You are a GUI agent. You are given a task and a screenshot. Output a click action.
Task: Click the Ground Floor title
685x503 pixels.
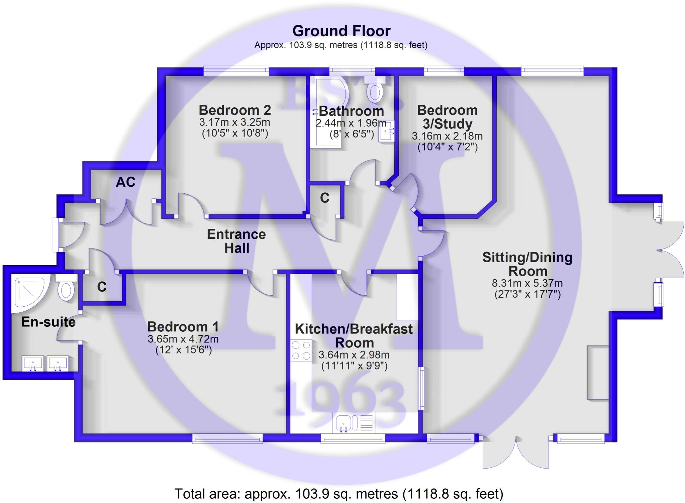[x=341, y=31]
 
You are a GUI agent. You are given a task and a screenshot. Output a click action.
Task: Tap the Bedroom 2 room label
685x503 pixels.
[x=235, y=110]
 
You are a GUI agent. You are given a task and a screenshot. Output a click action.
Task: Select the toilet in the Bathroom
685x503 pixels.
[x=375, y=88]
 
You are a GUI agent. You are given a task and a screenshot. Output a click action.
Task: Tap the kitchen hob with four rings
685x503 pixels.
[x=301, y=350]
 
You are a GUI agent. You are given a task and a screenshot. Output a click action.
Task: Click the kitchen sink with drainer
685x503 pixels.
[x=354, y=422]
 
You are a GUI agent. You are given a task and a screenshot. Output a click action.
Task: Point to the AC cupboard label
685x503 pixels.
[x=125, y=182]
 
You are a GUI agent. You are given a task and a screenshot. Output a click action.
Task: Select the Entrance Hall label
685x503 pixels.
[x=236, y=241]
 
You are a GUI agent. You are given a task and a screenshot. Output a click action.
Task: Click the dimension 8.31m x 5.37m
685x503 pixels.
[x=527, y=283]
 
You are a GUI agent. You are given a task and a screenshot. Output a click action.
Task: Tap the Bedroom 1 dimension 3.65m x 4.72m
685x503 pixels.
[x=183, y=339]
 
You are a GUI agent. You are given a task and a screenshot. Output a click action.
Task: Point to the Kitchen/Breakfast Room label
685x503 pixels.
[x=354, y=336]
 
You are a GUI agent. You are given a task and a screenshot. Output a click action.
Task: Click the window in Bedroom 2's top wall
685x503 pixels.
[x=236, y=70]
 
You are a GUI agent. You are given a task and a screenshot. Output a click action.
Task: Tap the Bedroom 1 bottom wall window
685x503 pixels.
[x=227, y=438]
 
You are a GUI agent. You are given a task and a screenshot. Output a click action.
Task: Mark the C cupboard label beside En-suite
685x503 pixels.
[x=102, y=287]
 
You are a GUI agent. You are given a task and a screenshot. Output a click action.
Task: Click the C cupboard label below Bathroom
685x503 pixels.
[x=324, y=198]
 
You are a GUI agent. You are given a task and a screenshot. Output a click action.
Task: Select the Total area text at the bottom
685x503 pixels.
[x=339, y=494]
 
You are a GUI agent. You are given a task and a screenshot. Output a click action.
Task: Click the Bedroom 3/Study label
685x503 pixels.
[x=447, y=117]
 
